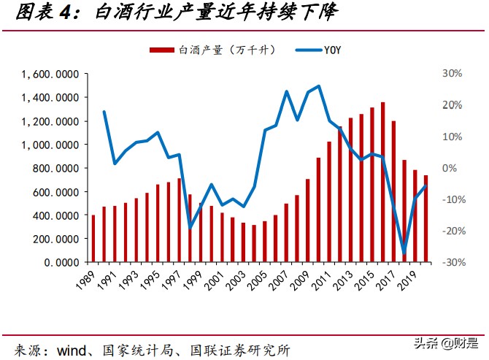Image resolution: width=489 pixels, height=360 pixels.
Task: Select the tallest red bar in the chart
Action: pyautogui.click(x=383, y=183)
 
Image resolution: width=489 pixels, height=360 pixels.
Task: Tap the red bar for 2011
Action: pyautogui.click(x=329, y=202)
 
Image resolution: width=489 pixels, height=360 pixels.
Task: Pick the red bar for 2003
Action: pyautogui.click(x=244, y=242)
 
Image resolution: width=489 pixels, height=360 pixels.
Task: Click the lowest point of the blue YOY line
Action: pyautogui.click(x=404, y=253)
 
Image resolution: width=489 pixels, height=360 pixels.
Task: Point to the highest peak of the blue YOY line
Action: pyautogui.click(x=318, y=86)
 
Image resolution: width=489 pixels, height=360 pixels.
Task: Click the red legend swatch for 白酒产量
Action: pyautogui.click(x=162, y=50)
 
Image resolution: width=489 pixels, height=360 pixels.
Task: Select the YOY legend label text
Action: pyautogui.click(x=333, y=50)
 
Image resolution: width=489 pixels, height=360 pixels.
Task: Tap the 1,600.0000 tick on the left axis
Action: pyautogui.click(x=50, y=74)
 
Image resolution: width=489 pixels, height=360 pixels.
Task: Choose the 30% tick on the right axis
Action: pyautogui.click(x=452, y=74)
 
